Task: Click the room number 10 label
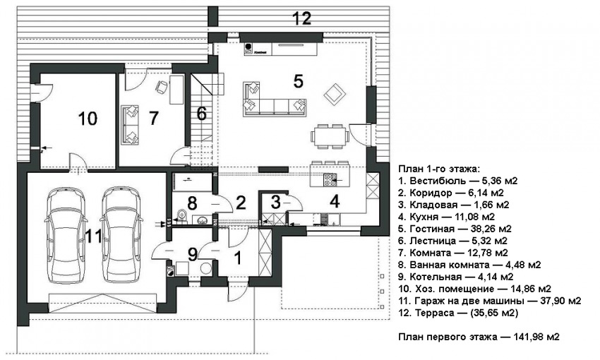point(88,119)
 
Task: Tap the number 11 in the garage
point(94,236)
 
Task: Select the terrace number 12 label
point(302,19)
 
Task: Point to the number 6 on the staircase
point(201,114)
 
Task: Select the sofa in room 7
point(131,123)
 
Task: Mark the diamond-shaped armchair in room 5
point(332,92)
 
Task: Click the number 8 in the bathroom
point(191,204)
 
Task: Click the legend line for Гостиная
point(455,229)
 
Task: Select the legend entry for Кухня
point(447,217)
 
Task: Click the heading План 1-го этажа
point(439,169)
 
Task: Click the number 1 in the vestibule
point(237,258)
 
